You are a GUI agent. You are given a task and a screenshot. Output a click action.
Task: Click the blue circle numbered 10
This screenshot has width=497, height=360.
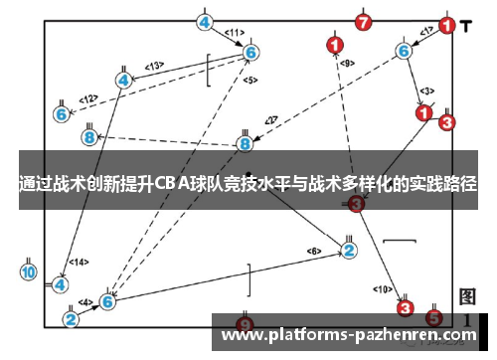pyautogui.click(x=28, y=270)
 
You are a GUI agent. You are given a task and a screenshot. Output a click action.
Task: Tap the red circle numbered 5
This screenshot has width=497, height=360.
pyautogui.click(x=433, y=318)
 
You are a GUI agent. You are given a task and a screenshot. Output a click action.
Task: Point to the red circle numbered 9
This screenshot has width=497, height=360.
pyautogui.click(x=245, y=323)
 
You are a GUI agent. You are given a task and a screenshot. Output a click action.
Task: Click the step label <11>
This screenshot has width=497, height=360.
pyautogui.click(x=235, y=33)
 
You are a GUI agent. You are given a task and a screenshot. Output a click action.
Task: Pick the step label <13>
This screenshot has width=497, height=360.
pyautogui.click(x=154, y=66)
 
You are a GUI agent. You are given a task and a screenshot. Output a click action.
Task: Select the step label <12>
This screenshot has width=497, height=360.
pyautogui.click(x=88, y=98)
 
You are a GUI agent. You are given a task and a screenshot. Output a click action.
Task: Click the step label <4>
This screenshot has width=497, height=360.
pyautogui.click(x=85, y=301)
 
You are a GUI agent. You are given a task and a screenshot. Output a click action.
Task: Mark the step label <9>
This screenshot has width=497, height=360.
pyautogui.click(x=346, y=64)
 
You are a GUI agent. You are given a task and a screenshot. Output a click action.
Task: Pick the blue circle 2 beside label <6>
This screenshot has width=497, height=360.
pyautogui.click(x=348, y=249)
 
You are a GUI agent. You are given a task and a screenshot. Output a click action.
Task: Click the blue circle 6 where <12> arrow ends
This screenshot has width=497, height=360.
pyautogui.click(x=62, y=113)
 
